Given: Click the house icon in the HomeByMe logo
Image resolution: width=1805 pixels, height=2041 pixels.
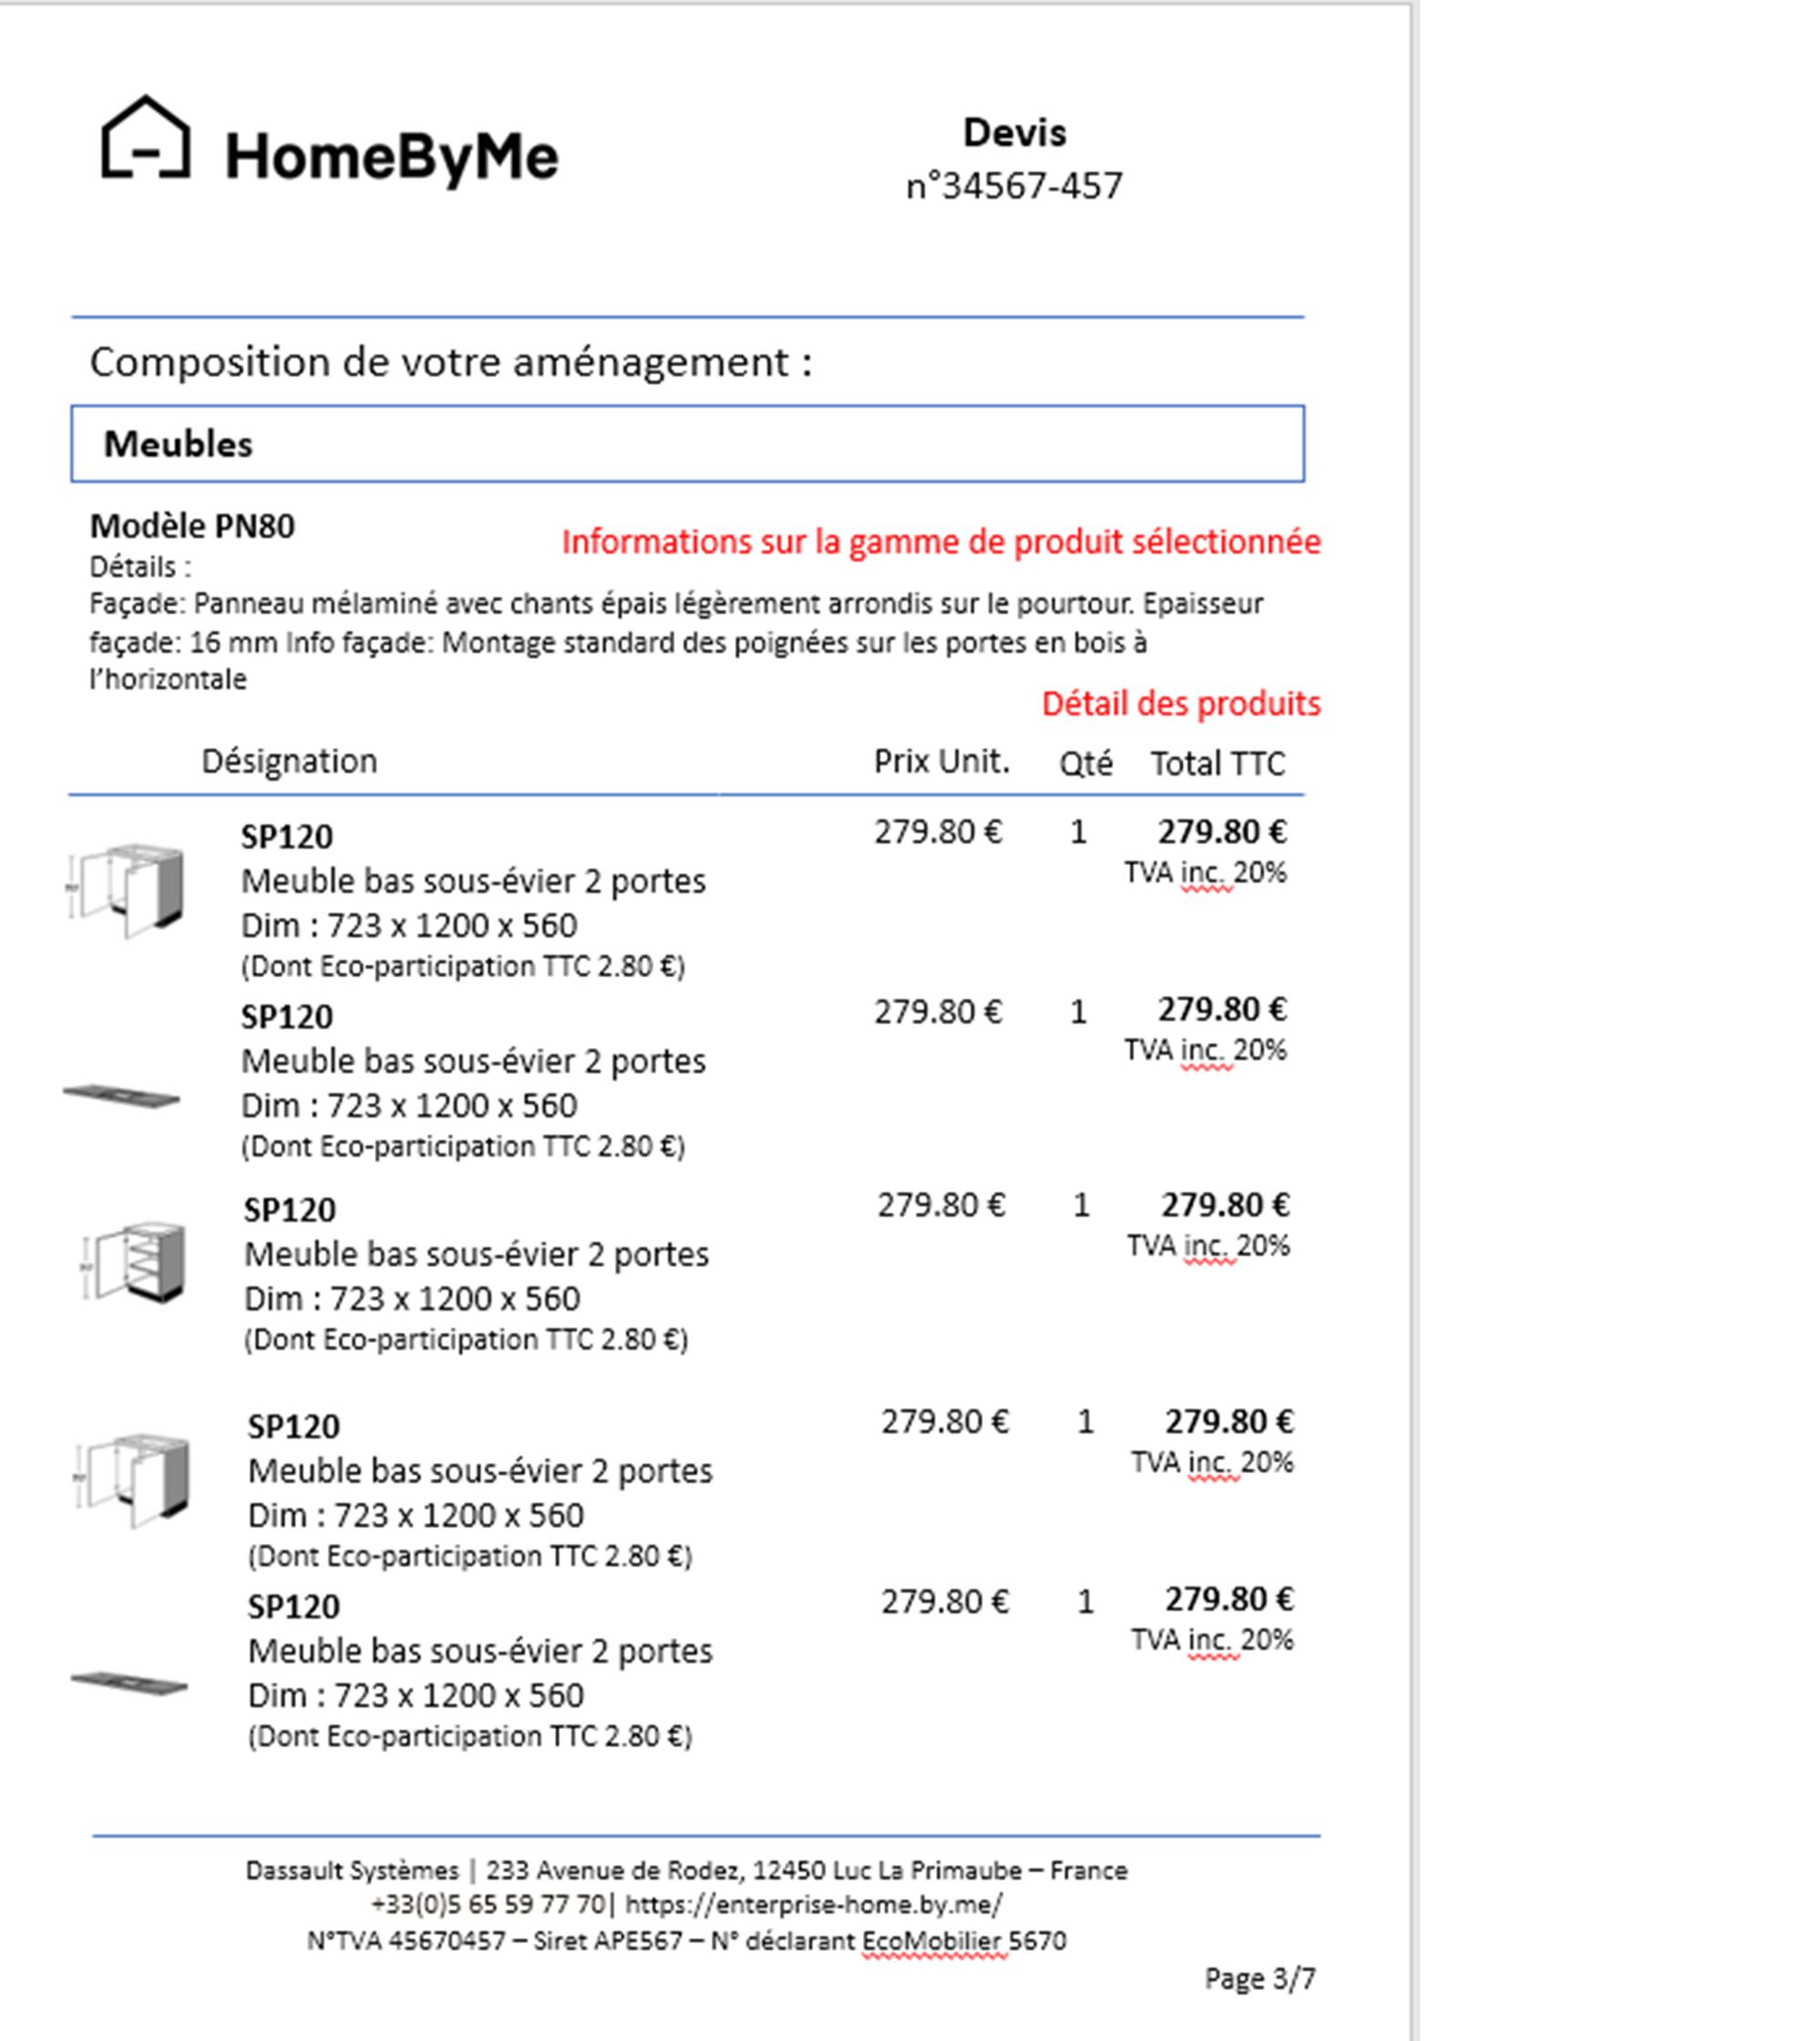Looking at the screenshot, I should pos(146,139).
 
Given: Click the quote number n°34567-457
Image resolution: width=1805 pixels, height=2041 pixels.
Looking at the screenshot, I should pos(1014,186).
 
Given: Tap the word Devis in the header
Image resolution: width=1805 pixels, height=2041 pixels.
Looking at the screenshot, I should pos(1014,133).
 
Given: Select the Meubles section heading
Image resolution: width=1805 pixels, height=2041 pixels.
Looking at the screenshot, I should pos(179,444).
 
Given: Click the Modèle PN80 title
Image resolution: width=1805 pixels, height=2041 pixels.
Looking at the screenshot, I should pos(192,526).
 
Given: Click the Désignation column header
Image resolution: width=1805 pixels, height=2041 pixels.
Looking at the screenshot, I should pos(290,761).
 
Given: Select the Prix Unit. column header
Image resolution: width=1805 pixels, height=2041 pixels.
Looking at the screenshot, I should pos(942,761).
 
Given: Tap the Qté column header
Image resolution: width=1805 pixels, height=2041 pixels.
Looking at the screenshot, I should pos(1085,764).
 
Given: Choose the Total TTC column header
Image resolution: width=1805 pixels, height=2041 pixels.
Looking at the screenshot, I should pos(1217,764).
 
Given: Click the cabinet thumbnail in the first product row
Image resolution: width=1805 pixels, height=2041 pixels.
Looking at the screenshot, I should pos(128,889).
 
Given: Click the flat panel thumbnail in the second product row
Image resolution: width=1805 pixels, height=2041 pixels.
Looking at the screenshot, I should pos(122,1096).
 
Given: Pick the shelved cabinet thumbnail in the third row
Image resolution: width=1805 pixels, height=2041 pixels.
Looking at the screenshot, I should pos(135,1263).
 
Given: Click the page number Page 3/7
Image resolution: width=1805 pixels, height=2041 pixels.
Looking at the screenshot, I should pos(1260,1978).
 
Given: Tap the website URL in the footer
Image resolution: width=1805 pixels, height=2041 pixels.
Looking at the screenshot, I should pos(814,1904).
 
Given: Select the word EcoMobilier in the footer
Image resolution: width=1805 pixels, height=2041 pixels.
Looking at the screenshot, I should pos(934,1940).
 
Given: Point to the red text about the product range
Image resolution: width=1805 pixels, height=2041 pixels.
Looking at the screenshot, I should pos(941,542).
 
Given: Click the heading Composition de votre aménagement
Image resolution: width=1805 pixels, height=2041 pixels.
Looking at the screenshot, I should pos(450,362).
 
